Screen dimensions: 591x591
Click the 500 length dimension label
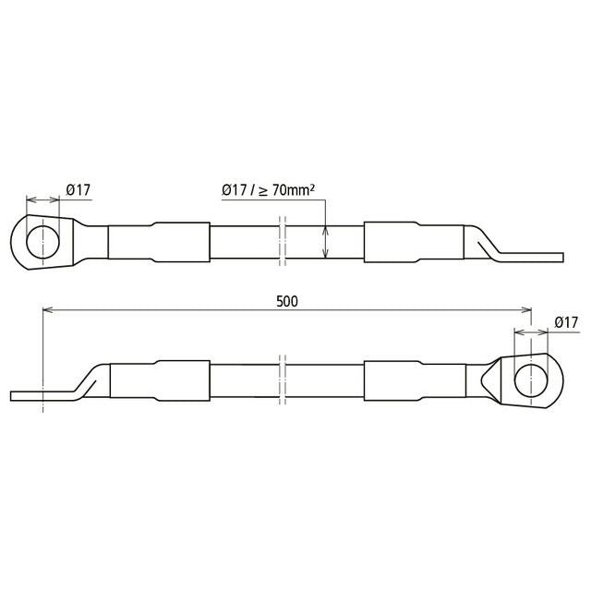(x=287, y=302)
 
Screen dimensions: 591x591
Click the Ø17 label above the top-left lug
(x=78, y=190)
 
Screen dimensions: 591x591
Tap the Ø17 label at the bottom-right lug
(x=566, y=322)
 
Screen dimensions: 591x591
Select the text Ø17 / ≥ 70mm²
(x=268, y=190)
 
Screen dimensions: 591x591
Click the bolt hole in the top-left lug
(x=43, y=242)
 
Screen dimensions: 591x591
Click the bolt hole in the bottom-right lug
(x=531, y=380)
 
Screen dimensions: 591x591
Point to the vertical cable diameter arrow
(x=326, y=242)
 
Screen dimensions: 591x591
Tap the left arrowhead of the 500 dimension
(x=48, y=310)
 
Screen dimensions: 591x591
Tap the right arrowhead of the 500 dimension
(x=526, y=310)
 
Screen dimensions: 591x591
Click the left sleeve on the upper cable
(x=159, y=242)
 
